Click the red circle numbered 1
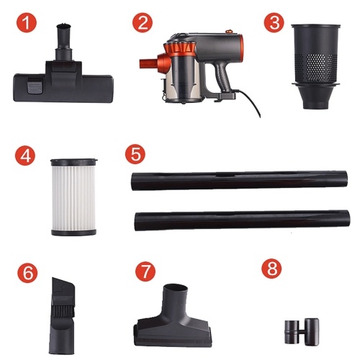pyautogui.click(x=27, y=22)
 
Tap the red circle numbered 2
pyautogui.click(x=143, y=22)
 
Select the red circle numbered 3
pyautogui.click(x=274, y=22)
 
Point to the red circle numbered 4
pyautogui.click(x=25, y=156)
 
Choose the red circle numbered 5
pyautogui.click(x=135, y=154)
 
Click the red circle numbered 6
pyautogui.click(x=27, y=273)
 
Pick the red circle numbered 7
pyautogui.click(x=145, y=271)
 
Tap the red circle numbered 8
pyautogui.click(x=271, y=269)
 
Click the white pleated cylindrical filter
pyautogui.click(x=73, y=197)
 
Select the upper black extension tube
pyautogui.click(x=239, y=181)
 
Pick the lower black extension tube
pyautogui.click(x=242, y=220)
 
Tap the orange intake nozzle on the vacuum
pyautogui.click(x=148, y=63)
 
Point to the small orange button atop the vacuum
pyautogui.click(x=229, y=31)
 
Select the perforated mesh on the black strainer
pyautogui.click(x=316, y=66)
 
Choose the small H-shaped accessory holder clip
pyautogui.click(x=302, y=332)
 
